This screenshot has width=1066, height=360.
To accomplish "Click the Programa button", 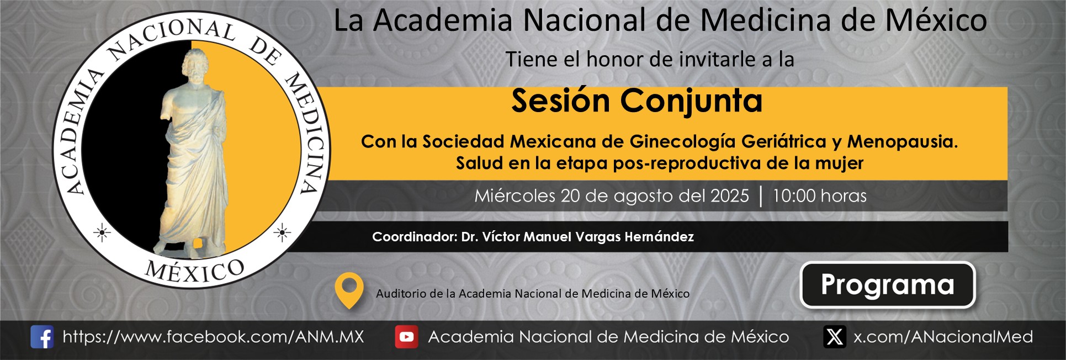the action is coord(887,284).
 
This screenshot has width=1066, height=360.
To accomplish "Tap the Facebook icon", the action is coord(42,337).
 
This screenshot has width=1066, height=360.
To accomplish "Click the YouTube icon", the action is coord(406,337).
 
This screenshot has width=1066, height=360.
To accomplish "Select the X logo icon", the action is coord(834,337).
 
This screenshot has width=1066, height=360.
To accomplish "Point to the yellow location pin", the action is coord(349,290).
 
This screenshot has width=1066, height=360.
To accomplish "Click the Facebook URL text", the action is coord(213,337).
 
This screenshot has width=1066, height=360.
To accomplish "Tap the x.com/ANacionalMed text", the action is coord(943,337).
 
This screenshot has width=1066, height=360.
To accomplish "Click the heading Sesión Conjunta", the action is coord(637,101).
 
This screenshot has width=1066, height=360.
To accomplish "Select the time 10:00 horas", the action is coord(819,195).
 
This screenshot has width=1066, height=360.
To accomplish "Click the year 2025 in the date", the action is coord(729,195).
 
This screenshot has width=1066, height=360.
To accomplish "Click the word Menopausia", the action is coord(902,142).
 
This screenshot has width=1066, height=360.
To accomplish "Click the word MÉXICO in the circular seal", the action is coord(194,271).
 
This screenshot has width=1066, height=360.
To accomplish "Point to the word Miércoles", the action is coord(515,195).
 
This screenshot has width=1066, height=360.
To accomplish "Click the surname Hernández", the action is coord(659,237).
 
